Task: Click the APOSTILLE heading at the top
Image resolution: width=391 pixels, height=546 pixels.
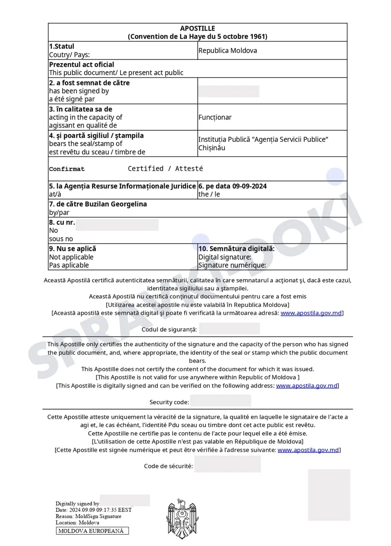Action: [198, 28]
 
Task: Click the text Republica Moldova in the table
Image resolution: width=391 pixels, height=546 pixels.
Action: [228, 50]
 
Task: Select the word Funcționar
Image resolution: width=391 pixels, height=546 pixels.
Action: [215, 117]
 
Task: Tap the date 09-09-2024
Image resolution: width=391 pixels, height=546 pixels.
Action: [249, 186]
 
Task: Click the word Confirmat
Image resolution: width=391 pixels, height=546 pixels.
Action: [67, 169]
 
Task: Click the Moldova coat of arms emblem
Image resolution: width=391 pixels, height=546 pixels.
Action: [182, 519]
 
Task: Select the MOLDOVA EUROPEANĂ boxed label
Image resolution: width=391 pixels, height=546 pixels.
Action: [92, 531]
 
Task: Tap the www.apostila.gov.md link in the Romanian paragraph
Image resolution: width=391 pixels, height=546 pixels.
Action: [311, 313]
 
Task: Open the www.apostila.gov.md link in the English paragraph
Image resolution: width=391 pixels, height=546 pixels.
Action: [307, 386]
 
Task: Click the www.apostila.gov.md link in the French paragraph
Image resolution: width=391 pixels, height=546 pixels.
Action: [308, 450]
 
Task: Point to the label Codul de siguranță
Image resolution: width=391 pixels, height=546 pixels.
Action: [169, 330]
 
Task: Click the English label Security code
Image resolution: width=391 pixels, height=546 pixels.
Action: [169, 402]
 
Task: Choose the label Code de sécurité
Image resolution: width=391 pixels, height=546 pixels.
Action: [168, 466]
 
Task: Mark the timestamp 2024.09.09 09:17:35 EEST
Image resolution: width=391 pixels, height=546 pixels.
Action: [100, 510]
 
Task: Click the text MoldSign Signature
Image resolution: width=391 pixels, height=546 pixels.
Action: [98, 516]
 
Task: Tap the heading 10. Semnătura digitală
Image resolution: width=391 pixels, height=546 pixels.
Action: [236, 249]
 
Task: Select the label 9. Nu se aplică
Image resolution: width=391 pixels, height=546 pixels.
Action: [73, 249]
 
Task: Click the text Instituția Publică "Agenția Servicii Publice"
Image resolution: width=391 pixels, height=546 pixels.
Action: [263, 140]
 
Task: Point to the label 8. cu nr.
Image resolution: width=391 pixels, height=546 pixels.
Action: [62, 222]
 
